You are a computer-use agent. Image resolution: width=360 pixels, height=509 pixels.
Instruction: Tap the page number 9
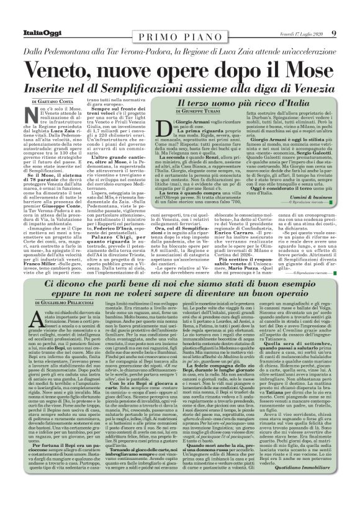(334, 34)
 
